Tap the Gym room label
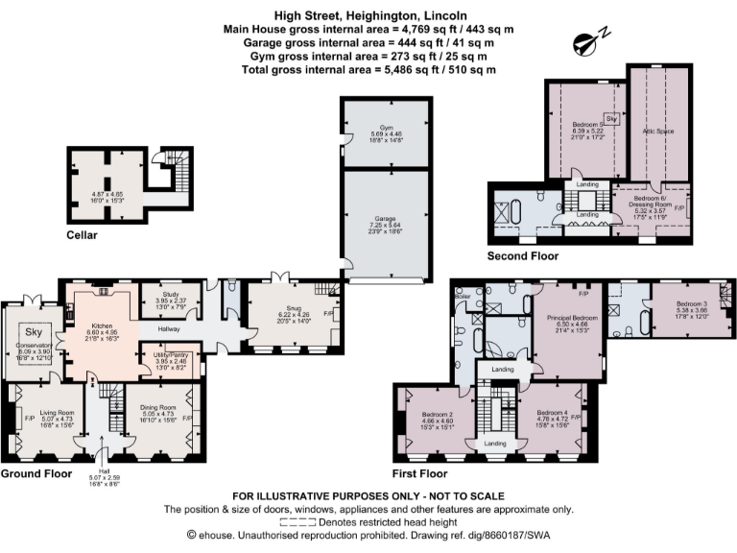[x=386, y=127]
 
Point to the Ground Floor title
[x=36, y=473]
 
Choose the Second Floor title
[x=523, y=256]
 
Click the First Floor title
[x=420, y=473]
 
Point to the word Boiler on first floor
[x=463, y=296]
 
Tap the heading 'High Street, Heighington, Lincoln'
[x=368, y=15]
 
